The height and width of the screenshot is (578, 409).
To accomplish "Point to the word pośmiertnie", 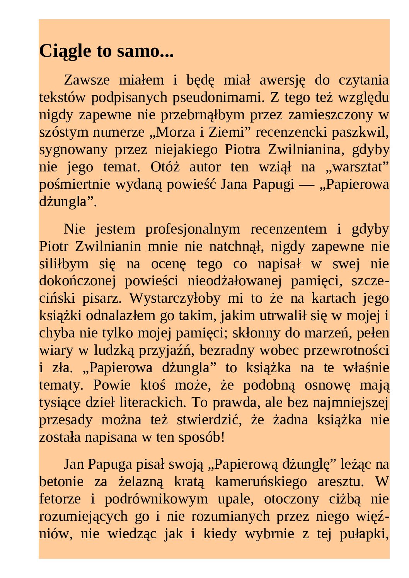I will (74, 184).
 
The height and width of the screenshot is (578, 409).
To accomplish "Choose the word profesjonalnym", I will (193, 229).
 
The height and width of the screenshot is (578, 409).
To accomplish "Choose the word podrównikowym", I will (156, 499).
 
